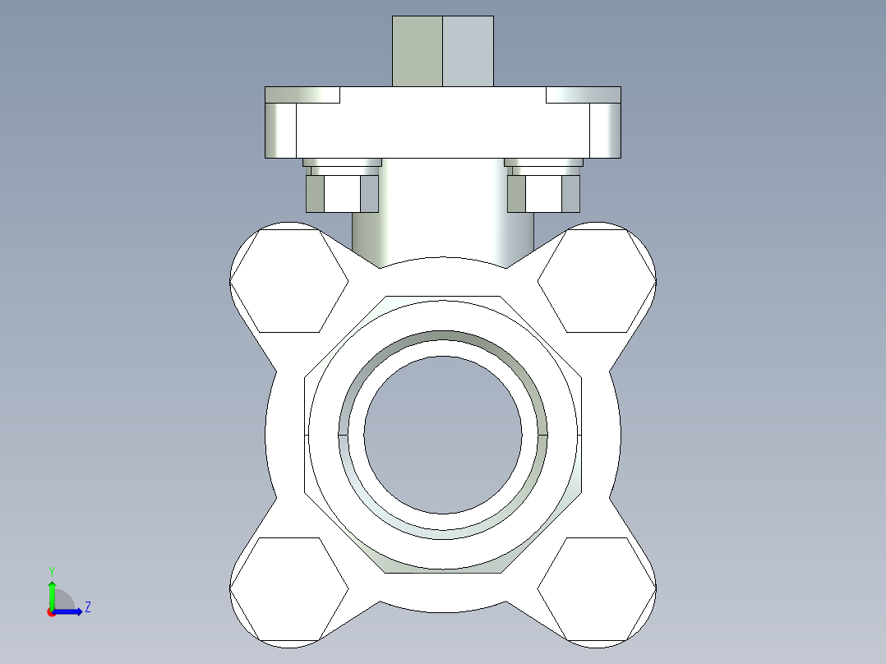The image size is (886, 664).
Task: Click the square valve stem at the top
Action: click(x=443, y=51)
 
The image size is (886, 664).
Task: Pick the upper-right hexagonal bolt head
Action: click(x=597, y=280)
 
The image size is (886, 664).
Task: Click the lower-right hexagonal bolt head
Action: click(x=597, y=589)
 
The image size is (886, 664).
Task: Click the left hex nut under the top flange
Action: click(x=342, y=194)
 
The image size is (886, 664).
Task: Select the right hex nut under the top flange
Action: click(x=543, y=194)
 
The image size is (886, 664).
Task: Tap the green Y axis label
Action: click(x=52, y=570)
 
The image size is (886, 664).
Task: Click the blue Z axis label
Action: click(x=87, y=607)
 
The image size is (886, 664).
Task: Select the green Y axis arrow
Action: click(x=52, y=593)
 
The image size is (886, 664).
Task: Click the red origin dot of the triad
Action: click(x=51, y=612)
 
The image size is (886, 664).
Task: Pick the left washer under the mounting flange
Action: click(x=342, y=163)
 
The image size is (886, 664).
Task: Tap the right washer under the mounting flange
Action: click(x=543, y=163)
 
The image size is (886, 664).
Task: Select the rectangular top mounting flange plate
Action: click(x=443, y=123)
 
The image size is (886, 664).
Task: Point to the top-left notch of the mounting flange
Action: click(x=302, y=95)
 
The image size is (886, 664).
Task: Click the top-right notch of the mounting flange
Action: click(x=583, y=95)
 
